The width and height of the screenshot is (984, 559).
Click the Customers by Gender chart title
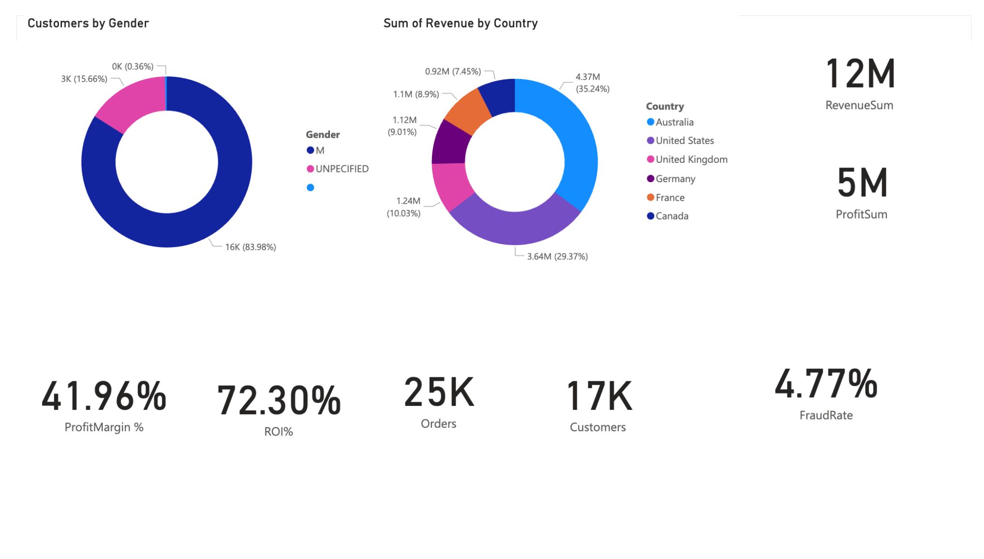coord(88,23)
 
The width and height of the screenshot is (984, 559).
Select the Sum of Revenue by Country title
coord(460,23)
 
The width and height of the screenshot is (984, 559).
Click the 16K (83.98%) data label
coord(250,247)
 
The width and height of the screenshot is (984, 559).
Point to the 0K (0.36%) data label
coord(133,66)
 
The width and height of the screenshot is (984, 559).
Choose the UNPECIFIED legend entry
coord(342,169)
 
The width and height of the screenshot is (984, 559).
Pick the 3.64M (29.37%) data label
coord(557,256)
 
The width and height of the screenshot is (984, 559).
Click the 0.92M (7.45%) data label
coord(453,72)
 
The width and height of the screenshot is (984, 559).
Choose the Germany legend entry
coord(675,179)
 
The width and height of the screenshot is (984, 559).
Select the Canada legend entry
coord(671,216)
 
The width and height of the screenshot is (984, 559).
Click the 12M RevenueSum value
coord(860,74)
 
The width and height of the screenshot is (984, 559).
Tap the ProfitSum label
coord(861,215)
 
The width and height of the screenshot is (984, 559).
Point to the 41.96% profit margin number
coord(104,396)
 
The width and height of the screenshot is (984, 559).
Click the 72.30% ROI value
coord(279,401)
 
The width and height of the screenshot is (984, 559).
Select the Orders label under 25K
coord(438,424)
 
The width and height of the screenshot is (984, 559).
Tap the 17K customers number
coord(599,396)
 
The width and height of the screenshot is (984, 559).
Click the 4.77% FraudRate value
coord(826,384)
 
